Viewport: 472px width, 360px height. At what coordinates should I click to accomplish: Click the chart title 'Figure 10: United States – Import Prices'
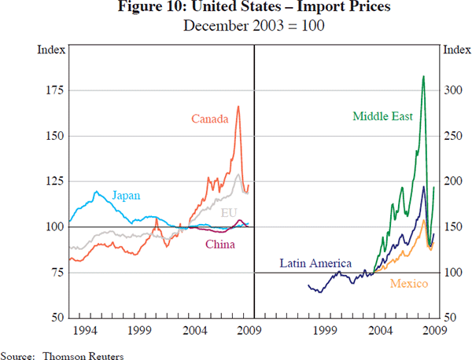pyautogui.click(x=236, y=9)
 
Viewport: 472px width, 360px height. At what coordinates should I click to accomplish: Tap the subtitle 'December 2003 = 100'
pyautogui.click(x=236, y=25)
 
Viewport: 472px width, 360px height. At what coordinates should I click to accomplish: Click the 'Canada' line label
pyautogui.click(x=210, y=119)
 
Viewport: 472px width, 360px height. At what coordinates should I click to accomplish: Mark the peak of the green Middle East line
pyautogui.click(x=423, y=76)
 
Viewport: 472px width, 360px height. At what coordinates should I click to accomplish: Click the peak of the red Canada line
pyautogui.click(x=238, y=106)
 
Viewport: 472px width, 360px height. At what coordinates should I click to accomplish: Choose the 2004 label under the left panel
pyautogui.click(x=195, y=329)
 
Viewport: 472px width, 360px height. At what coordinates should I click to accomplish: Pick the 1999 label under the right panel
pyautogui.click(x=325, y=329)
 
